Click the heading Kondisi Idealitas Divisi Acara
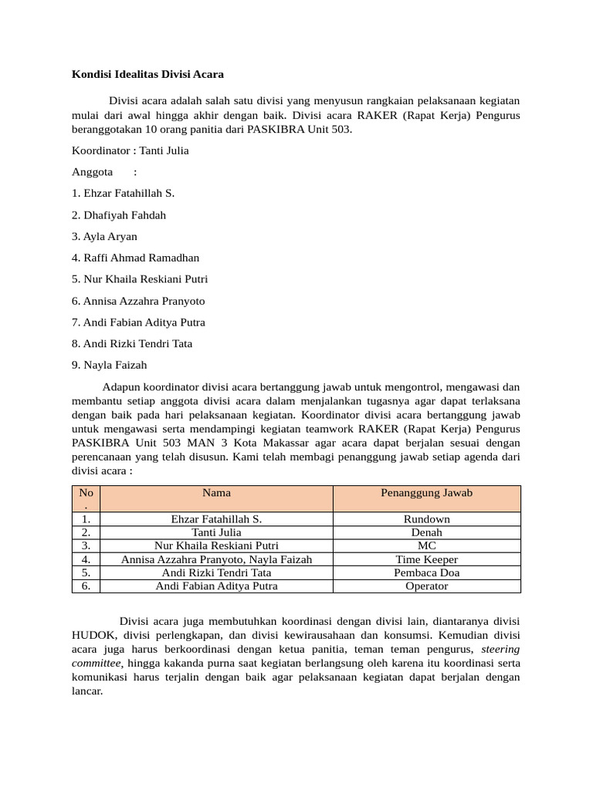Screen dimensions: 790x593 (x=147, y=75)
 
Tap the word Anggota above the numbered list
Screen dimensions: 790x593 (x=92, y=172)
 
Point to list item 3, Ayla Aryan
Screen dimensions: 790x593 (x=104, y=237)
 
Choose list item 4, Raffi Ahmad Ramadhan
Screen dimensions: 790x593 (x=135, y=258)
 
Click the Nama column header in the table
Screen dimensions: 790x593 (x=216, y=492)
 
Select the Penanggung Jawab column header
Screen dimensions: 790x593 (x=426, y=492)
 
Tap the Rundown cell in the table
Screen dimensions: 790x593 (x=426, y=519)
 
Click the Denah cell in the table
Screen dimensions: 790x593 (x=426, y=532)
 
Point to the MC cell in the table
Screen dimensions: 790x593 (x=426, y=545)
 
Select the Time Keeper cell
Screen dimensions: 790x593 (x=426, y=559)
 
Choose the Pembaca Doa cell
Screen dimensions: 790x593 (x=426, y=572)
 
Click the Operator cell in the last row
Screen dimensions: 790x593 (x=426, y=586)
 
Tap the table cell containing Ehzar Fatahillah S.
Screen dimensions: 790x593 (x=216, y=519)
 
